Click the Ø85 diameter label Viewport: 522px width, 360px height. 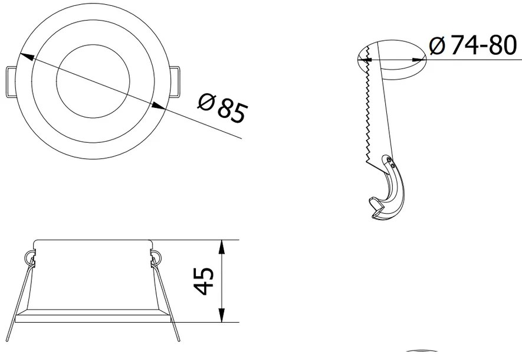click(222, 109)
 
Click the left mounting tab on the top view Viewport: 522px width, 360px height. click(11, 81)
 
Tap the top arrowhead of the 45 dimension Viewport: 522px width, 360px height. click(222, 246)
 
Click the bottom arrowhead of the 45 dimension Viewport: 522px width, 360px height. click(222, 317)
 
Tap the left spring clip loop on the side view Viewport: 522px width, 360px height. click(29, 256)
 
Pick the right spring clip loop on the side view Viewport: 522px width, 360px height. click(156, 256)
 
